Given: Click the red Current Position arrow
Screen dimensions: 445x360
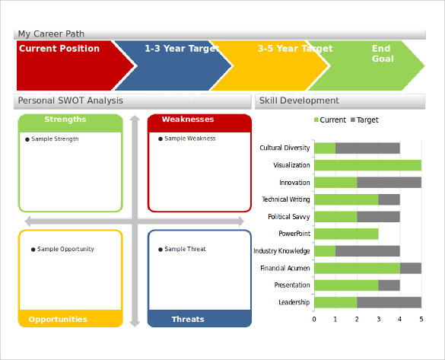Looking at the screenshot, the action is click(x=68, y=65).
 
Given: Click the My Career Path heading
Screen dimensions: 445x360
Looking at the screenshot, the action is click(x=51, y=33).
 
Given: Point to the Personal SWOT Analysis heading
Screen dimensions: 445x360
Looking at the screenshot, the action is click(x=71, y=100).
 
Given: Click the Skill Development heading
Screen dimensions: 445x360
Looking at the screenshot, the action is click(x=299, y=100).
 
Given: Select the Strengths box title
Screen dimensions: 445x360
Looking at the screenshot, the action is click(x=65, y=119).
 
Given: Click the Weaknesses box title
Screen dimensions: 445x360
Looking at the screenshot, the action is click(x=188, y=119).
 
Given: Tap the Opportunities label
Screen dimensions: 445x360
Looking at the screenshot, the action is click(x=58, y=319).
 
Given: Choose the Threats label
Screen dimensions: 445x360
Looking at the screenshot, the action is click(x=188, y=319).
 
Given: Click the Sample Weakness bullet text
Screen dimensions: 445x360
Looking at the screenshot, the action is click(x=190, y=139).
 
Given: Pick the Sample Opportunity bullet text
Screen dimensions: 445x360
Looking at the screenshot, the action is click(x=65, y=249).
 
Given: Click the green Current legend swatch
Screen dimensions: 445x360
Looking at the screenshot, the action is click(x=316, y=119).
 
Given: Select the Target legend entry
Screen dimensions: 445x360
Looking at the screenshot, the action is click(x=364, y=119).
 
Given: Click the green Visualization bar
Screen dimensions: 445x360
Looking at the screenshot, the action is click(x=368, y=165).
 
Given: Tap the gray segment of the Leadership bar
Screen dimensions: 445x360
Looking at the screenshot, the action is click(x=389, y=303).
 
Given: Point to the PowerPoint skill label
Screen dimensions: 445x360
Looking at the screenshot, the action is click(x=294, y=234).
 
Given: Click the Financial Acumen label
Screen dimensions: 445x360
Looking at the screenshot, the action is click(x=285, y=268).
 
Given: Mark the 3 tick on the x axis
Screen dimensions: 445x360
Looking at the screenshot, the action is click(x=378, y=320).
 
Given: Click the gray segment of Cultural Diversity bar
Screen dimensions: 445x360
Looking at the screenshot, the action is click(x=368, y=148).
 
